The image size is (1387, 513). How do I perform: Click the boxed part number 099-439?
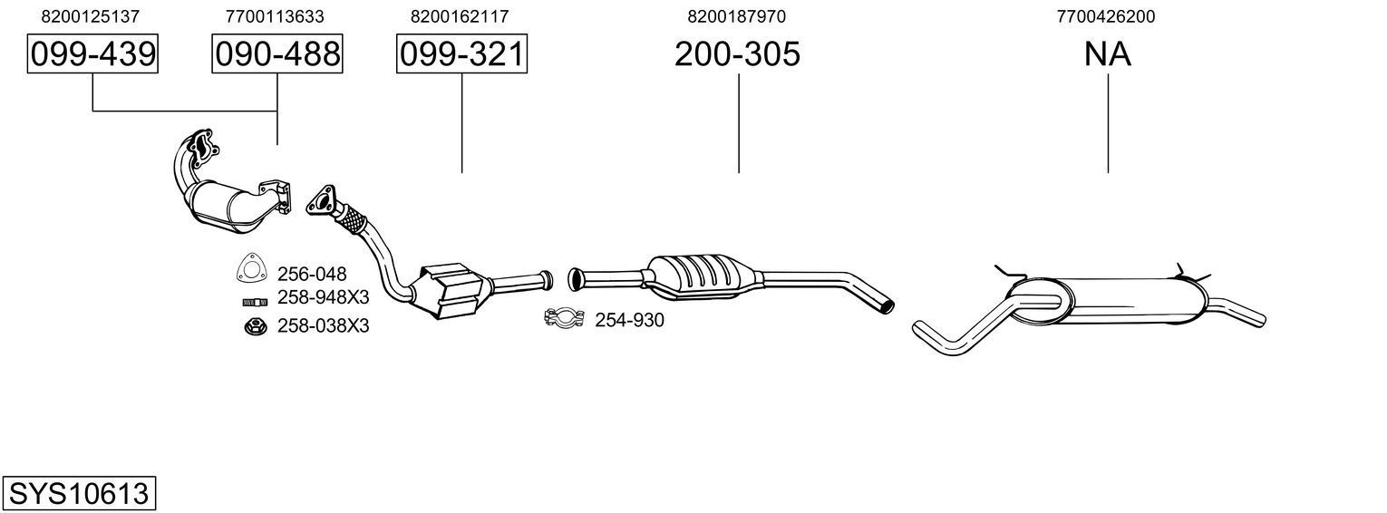pos(92,54)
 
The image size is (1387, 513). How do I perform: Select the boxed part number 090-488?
pos(277,54)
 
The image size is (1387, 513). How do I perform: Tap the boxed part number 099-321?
pos(461,54)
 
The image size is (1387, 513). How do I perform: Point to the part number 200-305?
pos(737,54)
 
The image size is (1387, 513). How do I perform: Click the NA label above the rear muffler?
pos(1107,54)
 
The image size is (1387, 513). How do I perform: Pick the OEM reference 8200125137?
pos(91,16)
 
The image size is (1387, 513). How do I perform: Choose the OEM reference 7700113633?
pos(275,16)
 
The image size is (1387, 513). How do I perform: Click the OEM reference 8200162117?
pos(460,16)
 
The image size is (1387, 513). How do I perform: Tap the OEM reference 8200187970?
pos(736,16)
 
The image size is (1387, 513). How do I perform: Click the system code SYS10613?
pos(78,494)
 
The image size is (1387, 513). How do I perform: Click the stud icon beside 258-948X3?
pos(254,302)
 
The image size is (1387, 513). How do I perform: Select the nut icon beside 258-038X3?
pos(254,326)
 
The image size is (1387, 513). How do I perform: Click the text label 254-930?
pos(629,320)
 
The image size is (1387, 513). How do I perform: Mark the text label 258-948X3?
pos(323,299)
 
